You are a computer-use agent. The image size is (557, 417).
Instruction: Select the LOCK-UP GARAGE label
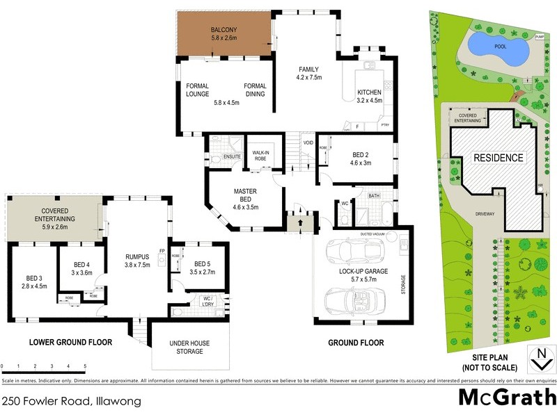pos(363,271)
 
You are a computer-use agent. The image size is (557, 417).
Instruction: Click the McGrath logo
pos(508,398)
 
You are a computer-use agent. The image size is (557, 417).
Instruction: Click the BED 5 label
pos(202,264)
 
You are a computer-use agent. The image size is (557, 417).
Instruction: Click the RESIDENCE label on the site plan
pos(499,158)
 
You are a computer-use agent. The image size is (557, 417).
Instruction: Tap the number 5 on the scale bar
pos(85,366)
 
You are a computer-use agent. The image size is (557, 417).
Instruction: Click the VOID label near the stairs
pos(308,143)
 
